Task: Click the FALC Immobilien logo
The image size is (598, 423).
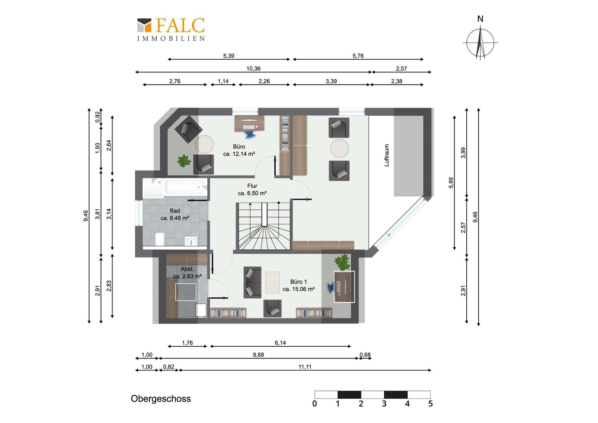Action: [x=171, y=29]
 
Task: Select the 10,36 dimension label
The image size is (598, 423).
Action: [x=253, y=69]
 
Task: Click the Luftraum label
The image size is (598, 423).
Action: [x=387, y=155]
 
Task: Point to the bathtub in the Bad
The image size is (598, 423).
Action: [x=186, y=187]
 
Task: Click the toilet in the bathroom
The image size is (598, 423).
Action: [x=160, y=239]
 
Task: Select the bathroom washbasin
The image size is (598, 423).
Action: [x=191, y=241]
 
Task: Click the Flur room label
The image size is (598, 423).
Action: [x=252, y=186]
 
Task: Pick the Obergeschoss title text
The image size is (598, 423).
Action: [x=161, y=399]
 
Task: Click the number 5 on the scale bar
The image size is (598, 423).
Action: [x=430, y=404]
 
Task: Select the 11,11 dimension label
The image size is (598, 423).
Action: [x=305, y=367]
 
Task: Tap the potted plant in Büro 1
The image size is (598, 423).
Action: [x=342, y=262]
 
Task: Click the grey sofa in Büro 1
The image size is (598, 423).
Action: [x=252, y=282]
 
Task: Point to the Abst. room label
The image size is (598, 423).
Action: [x=187, y=269]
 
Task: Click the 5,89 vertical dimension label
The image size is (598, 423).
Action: [x=451, y=183]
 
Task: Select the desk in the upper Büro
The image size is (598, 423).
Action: [x=249, y=123]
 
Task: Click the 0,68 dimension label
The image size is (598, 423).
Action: [x=365, y=355]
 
